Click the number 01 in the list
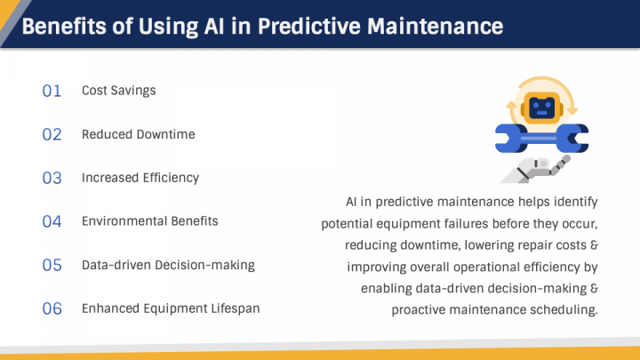pos(52,91)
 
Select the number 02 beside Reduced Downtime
pos(52,135)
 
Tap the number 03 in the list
pos(52,178)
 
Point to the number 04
pos(52,221)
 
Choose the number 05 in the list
pos(52,265)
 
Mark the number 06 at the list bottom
pos(52,308)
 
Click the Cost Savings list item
pos(119,91)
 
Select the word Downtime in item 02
pos(166,135)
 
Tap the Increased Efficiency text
pos(140,178)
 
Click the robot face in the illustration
pos(541,108)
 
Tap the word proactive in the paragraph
pos(421,309)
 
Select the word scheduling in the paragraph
pos(563,309)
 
